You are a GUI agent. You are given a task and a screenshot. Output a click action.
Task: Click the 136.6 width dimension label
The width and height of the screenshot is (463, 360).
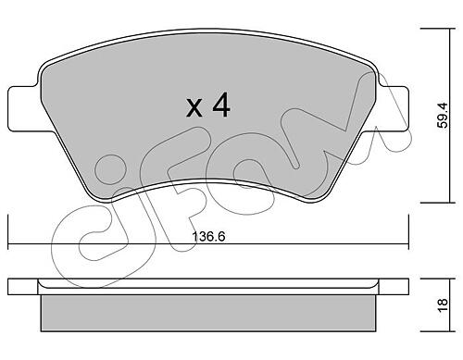[208, 237]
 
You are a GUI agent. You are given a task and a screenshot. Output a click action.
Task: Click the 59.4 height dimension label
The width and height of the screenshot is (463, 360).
[444, 116]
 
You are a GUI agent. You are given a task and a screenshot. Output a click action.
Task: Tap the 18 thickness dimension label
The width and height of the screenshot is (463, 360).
[443, 305]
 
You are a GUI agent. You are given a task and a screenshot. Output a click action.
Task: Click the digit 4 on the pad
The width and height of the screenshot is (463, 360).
[221, 105]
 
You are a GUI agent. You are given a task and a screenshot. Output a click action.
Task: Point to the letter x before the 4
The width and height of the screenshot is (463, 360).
[194, 107]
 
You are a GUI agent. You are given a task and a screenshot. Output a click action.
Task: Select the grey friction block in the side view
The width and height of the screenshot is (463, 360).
[208, 313]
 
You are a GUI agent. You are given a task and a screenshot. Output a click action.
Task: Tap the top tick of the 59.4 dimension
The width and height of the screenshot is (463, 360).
[438, 29]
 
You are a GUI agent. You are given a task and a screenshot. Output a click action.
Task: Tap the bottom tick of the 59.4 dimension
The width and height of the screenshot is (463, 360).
[438, 203]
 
